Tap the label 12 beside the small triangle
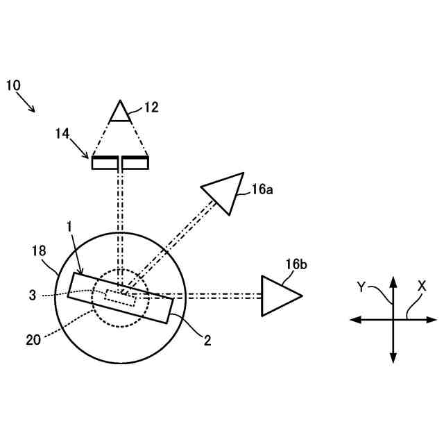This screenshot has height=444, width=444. [x=151, y=107]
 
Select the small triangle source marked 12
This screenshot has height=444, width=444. [x=121, y=113]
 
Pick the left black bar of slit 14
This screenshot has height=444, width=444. [x=104, y=162]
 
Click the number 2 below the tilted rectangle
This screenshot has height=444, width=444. [x=207, y=340]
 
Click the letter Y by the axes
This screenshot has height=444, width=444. [x=361, y=287]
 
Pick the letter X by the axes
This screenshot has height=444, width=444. [x=422, y=285]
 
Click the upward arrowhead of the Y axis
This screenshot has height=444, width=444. [x=393, y=281]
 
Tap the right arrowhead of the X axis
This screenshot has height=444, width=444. [x=432, y=319]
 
